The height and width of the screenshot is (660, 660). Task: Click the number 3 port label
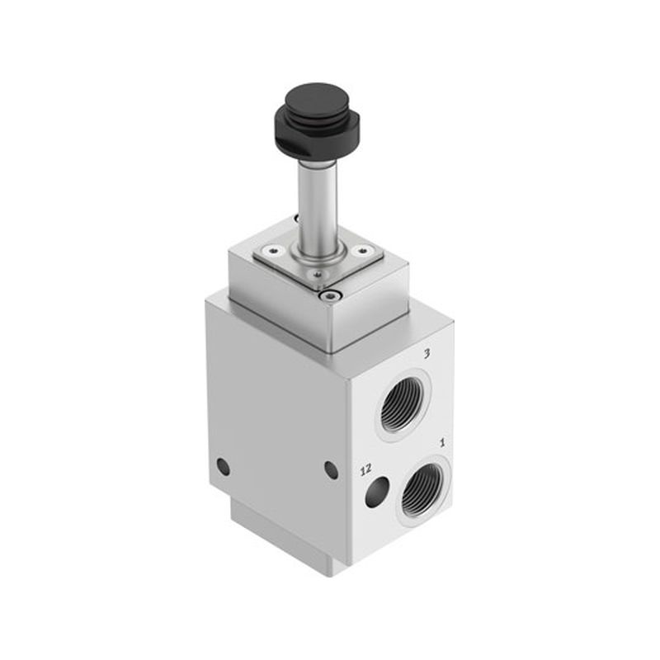pos(427,354)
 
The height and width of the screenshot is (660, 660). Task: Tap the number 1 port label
pos(442,443)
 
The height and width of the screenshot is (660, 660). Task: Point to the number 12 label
pos(365,469)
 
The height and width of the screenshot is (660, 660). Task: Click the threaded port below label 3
pos(403,405)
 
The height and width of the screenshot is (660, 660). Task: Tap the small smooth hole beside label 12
pos(377,493)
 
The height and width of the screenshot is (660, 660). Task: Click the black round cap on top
pos(317,101)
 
